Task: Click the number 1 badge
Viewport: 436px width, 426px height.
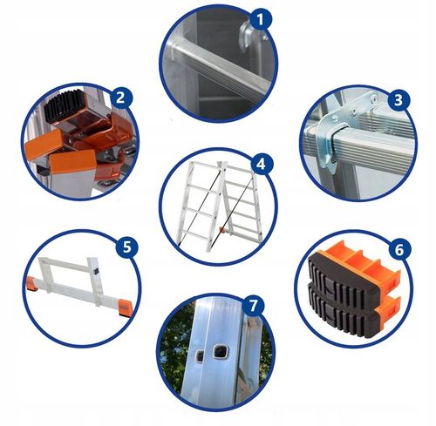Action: coord(261,20)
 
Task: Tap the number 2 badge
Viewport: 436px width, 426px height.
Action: coord(120,98)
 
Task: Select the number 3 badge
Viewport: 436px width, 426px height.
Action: coord(399,100)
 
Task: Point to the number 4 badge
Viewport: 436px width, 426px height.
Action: coord(262,164)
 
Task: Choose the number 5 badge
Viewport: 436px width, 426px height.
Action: coord(127,247)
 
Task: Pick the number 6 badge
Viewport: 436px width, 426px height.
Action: coord(399,249)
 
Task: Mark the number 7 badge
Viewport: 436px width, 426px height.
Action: coord(254,306)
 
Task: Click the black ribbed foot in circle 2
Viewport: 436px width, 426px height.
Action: coord(65,105)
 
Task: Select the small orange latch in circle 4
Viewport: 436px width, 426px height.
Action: coord(223,230)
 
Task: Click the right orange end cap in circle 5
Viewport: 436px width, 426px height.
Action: coord(126,308)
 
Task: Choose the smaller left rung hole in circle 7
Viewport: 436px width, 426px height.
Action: coord(200,355)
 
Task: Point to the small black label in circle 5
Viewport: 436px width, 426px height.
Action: coord(95,272)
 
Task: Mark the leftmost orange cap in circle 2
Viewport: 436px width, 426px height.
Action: coord(43,145)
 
